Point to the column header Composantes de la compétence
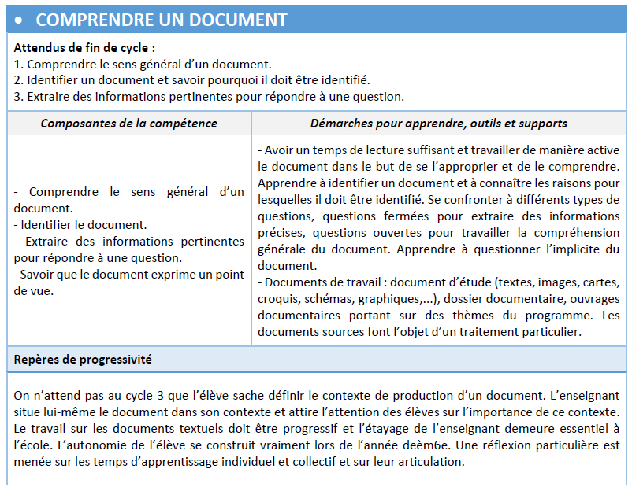[128, 123]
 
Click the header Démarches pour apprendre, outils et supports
[439, 123]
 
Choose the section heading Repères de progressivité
[83, 359]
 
